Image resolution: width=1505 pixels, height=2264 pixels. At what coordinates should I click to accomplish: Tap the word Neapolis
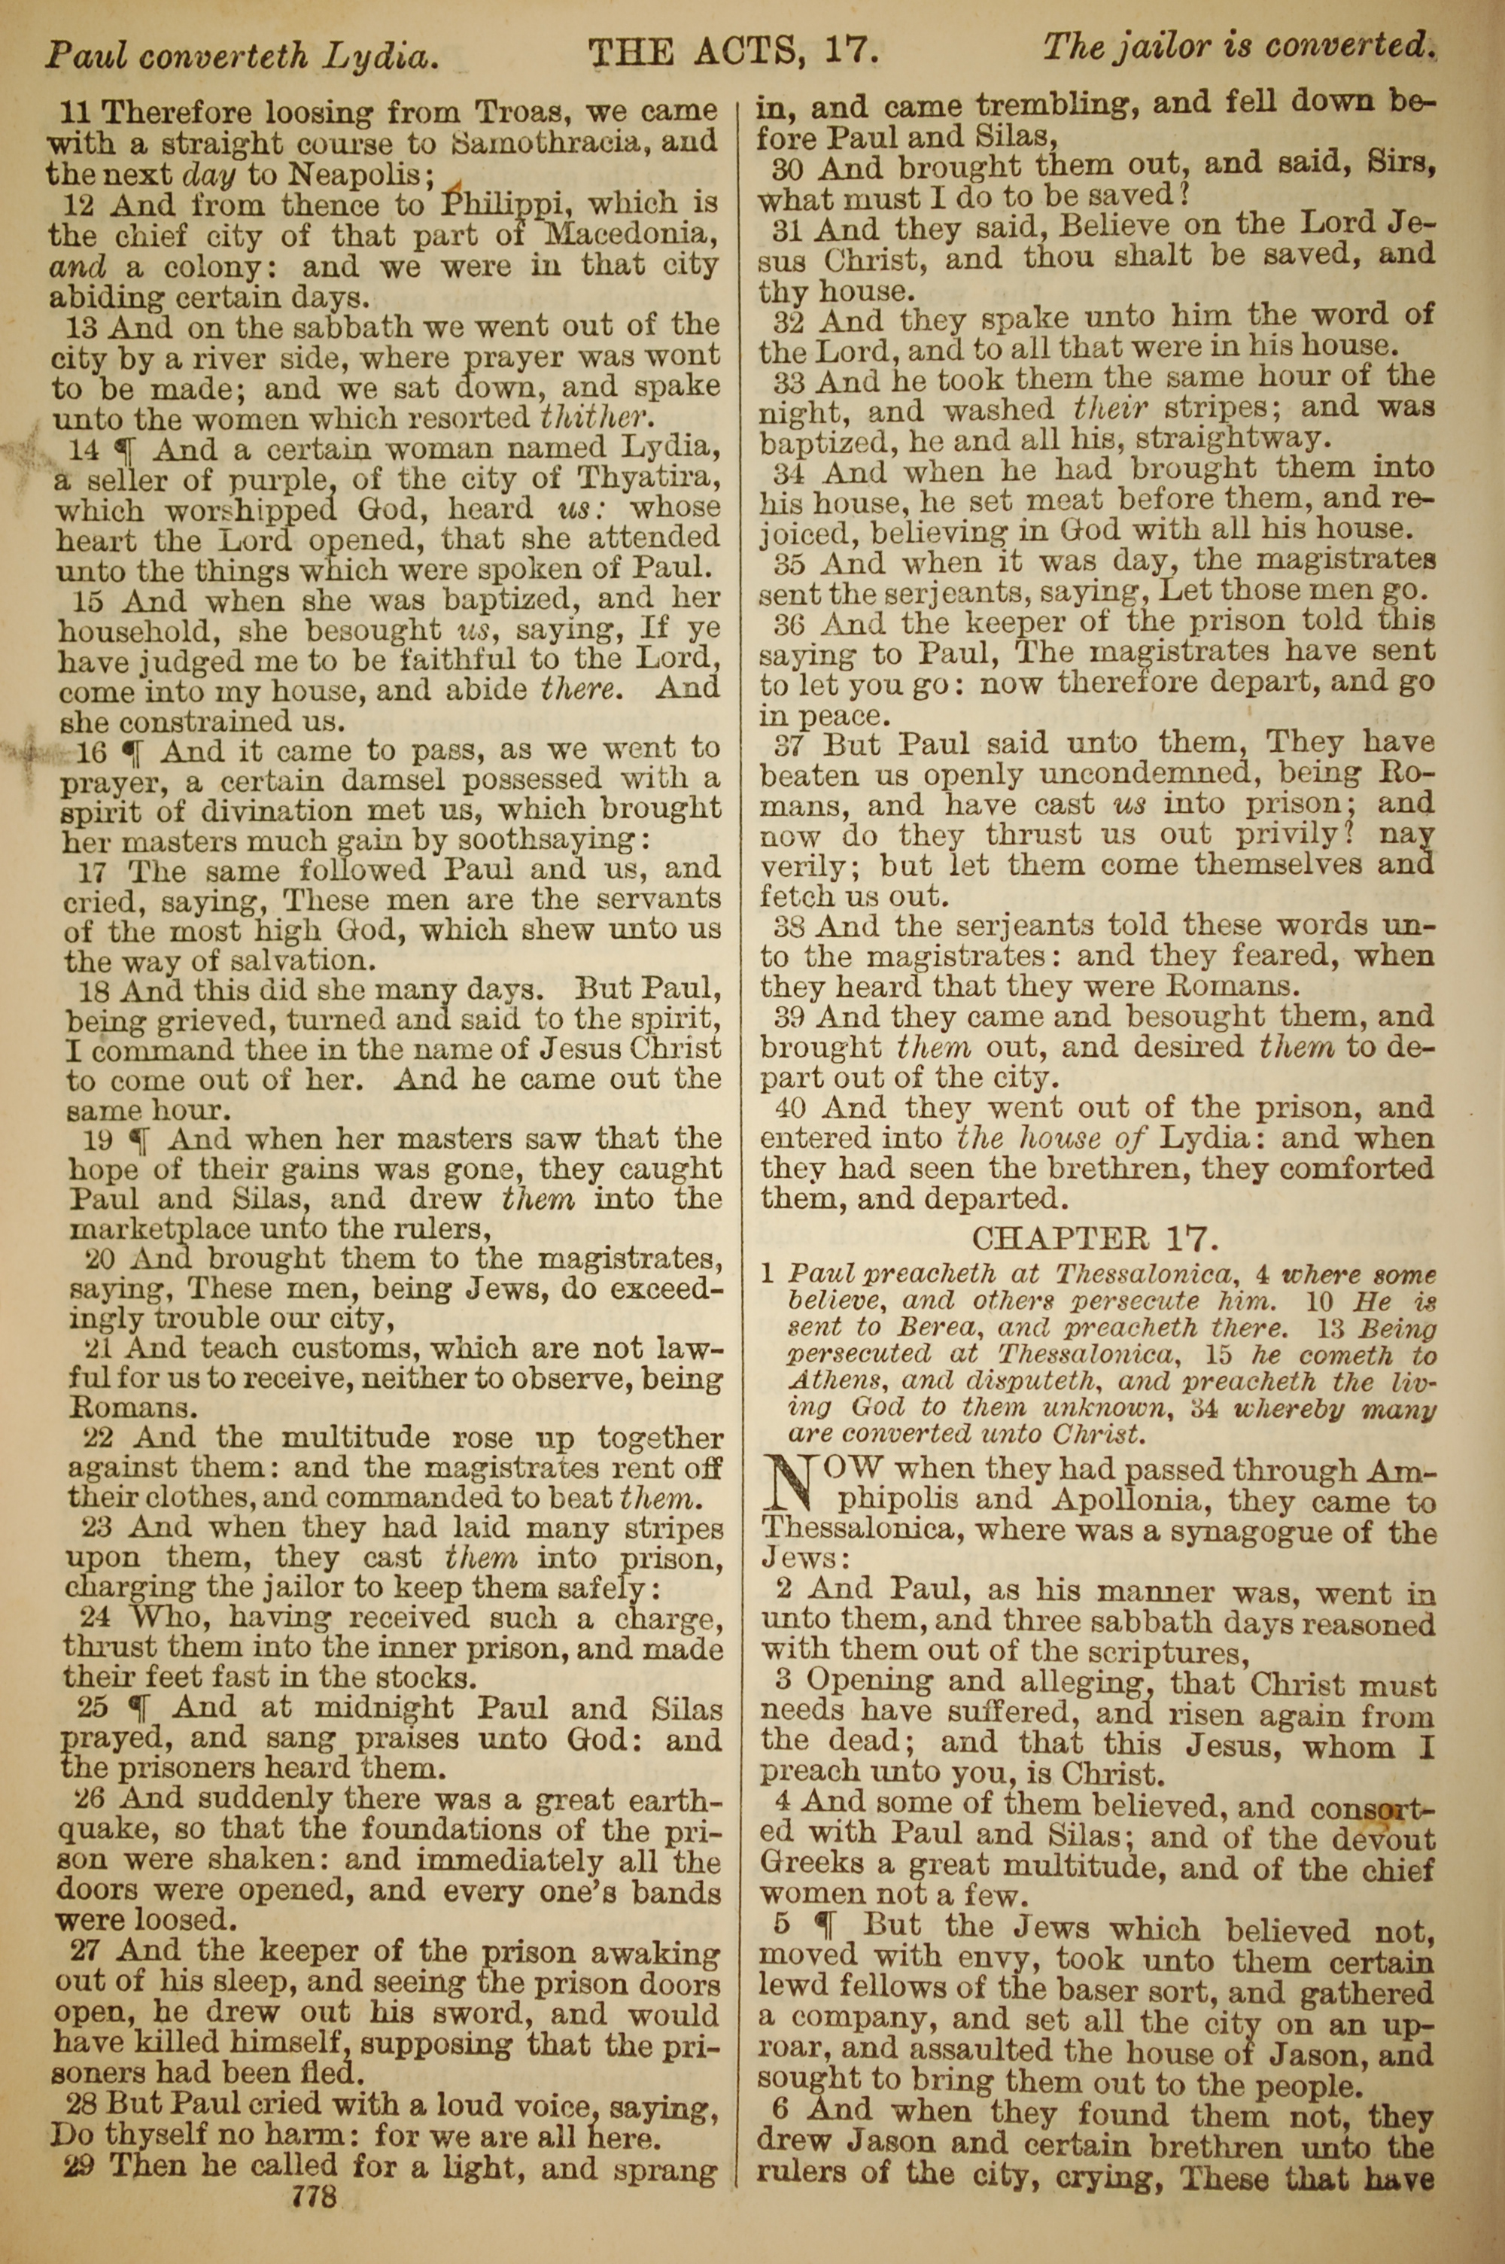click(x=357, y=175)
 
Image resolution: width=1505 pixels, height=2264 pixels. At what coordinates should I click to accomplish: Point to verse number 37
click(x=790, y=744)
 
